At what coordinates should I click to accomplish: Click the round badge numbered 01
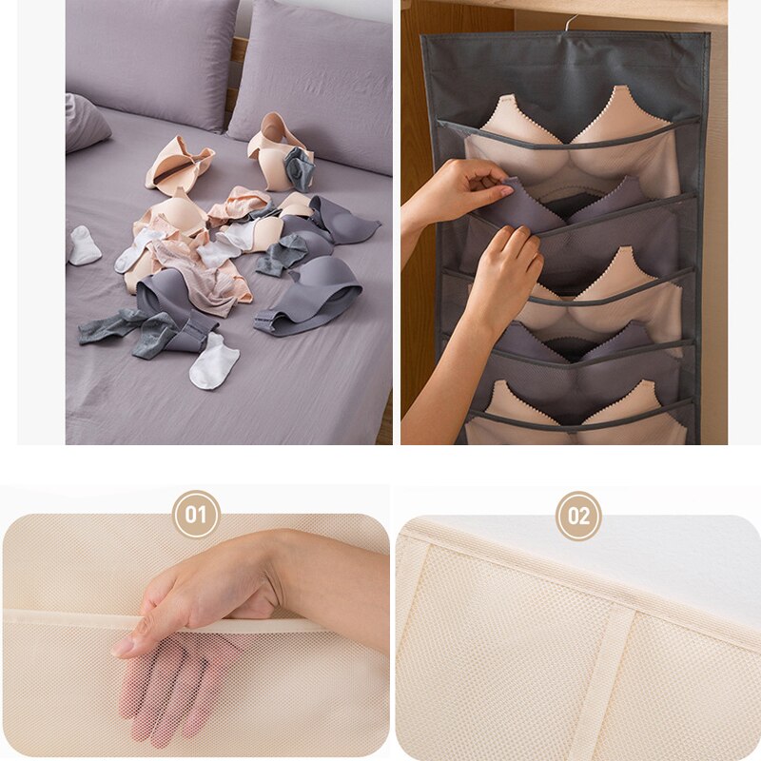[196, 515]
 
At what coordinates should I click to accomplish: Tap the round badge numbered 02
[578, 516]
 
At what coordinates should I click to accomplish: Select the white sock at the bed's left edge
[84, 246]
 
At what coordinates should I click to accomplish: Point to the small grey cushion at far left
[84, 123]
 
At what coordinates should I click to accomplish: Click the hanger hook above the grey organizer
[568, 21]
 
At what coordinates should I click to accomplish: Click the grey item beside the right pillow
[300, 168]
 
